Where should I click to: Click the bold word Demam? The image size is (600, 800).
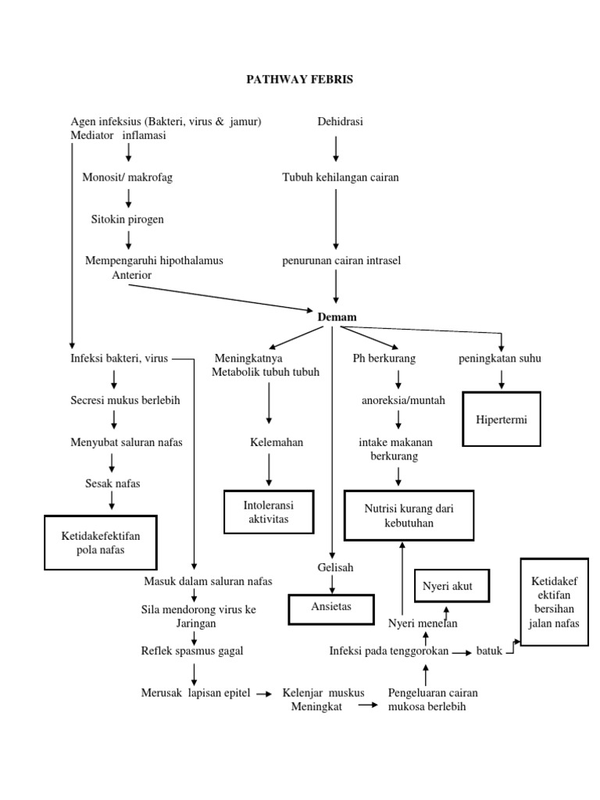click(337, 316)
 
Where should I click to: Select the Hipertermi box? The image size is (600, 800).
click(502, 420)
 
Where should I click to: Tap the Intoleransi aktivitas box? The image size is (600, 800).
click(269, 513)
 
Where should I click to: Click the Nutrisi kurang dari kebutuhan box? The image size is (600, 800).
click(409, 515)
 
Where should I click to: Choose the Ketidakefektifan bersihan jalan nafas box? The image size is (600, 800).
click(554, 602)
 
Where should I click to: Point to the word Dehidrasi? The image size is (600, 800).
click(340, 121)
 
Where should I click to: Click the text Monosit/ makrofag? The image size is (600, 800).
click(127, 177)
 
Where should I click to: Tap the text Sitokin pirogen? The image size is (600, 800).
click(127, 220)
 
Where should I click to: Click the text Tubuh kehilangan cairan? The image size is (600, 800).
click(340, 177)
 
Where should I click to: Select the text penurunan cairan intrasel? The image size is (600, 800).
click(341, 261)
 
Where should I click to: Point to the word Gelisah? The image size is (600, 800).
click(334, 567)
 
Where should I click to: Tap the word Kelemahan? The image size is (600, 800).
click(277, 442)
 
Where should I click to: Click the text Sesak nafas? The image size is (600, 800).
click(112, 484)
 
